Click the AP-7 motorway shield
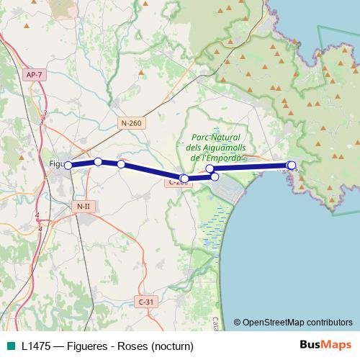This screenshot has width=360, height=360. [x=33, y=75]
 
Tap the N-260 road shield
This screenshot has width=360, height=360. [x=131, y=123]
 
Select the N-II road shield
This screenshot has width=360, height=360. [x=83, y=207]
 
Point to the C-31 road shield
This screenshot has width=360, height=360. [x=145, y=302]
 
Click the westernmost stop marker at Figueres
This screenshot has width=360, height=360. [x=68, y=166]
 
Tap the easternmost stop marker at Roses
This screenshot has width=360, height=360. [x=292, y=166]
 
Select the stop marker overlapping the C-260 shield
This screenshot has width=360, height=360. [x=184, y=179]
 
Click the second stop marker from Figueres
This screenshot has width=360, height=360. [x=98, y=161]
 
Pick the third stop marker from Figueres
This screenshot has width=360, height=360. [x=121, y=164]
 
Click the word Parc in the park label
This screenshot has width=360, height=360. [x=204, y=138]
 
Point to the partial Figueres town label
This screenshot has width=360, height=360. [x=57, y=163]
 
